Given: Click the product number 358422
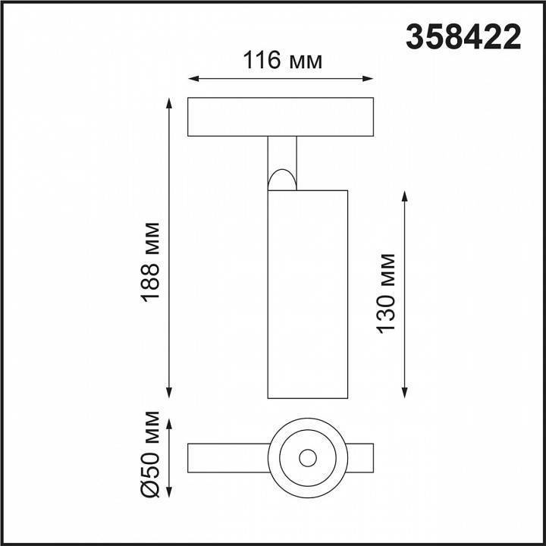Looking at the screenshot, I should (x=464, y=36).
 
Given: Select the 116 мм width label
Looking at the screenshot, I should (x=282, y=60).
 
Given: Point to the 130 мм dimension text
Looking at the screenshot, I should (x=386, y=292).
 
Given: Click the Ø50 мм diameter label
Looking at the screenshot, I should (x=152, y=454).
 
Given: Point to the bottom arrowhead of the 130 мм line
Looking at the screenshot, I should (x=405, y=392).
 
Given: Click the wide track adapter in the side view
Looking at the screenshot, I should (x=281, y=117).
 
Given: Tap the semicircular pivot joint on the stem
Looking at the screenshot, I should (x=281, y=180).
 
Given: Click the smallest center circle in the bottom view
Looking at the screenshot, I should (x=307, y=458).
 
